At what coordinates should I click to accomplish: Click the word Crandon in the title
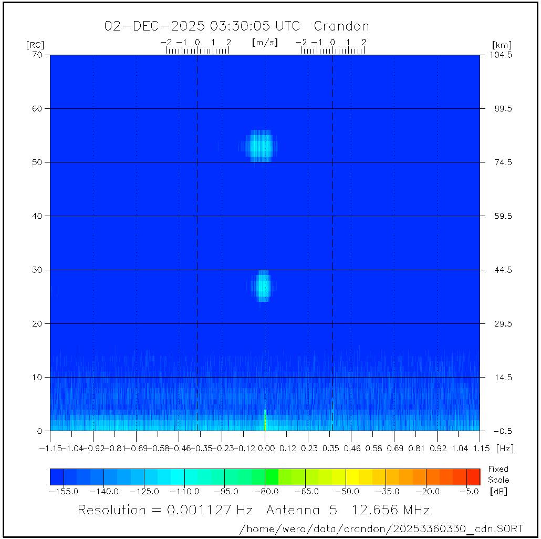pyautogui.click(x=341, y=26)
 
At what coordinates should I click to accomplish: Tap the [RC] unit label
pyautogui.click(x=35, y=45)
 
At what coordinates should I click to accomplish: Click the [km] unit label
pyautogui.click(x=502, y=45)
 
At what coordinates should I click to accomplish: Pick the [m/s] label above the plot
pyautogui.click(x=265, y=42)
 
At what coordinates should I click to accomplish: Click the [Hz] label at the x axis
pyautogui.click(x=505, y=449)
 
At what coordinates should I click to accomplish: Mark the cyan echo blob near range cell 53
pyautogui.click(x=259, y=146)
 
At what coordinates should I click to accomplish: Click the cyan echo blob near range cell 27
pyautogui.click(x=263, y=286)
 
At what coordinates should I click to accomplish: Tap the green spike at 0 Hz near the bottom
pyautogui.click(x=265, y=421)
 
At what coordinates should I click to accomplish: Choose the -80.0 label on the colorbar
pyautogui.click(x=265, y=492)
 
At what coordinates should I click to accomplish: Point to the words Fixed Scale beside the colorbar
pyautogui.click(x=498, y=474)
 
